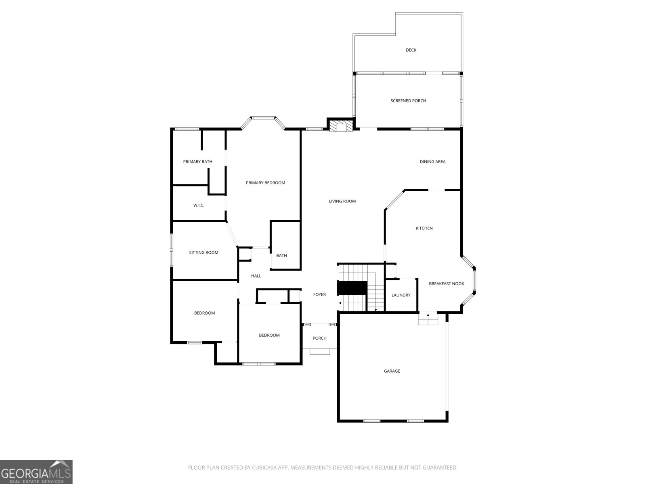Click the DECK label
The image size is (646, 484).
coord(411,50)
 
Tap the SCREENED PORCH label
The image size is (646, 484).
coord(408,101)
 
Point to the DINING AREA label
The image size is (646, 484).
coord(432,162)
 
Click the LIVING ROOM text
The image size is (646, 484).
coord(342,201)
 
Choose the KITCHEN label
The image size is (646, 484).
coord(424,228)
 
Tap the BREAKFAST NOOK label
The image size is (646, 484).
coord(446,284)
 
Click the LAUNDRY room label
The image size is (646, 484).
coord(401,295)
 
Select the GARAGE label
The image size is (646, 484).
coord(392,371)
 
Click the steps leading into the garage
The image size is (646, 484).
coord(428,319)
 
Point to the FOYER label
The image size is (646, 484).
coord(319,294)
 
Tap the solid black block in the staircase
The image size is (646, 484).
coord(352,288)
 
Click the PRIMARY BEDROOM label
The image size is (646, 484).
coord(265,183)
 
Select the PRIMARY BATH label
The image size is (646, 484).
coord(197,162)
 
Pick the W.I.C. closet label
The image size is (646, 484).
coord(199,205)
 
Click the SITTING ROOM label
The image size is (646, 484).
coord(203,252)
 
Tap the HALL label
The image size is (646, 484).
coord(256,276)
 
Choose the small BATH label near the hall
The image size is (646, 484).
coord(281,255)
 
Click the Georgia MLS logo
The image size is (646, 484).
coord(36,472)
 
